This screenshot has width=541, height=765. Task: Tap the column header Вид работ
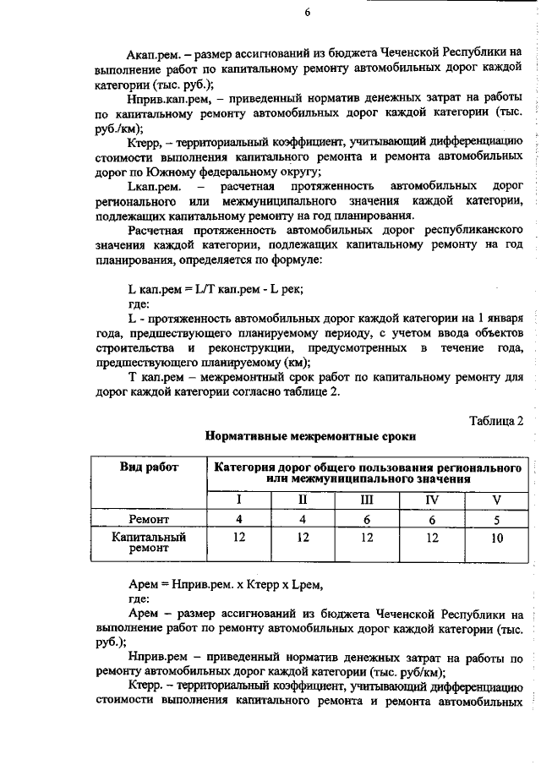(149, 467)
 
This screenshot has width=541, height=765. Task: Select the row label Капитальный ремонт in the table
(149, 542)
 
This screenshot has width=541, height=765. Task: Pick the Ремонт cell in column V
(495, 518)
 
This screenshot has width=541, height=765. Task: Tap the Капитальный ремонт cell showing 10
(495, 537)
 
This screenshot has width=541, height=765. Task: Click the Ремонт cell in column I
(239, 518)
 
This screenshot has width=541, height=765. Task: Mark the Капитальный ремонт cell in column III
(367, 537)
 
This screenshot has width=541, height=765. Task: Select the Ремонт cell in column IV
(431, 518)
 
